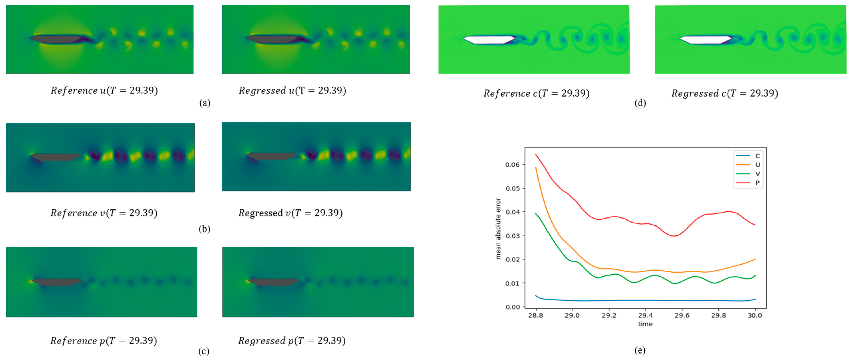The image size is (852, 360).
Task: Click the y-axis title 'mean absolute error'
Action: (498, 228)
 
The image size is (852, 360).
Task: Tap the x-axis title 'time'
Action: (645, 324)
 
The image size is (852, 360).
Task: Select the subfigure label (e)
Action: (640, 350)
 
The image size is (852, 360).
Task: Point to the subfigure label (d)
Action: (640, 103)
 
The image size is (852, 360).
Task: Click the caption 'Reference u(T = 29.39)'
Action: (104, 91)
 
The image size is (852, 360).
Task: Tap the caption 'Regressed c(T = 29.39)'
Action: (724, 93)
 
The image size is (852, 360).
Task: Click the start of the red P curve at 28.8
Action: (536, 155)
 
